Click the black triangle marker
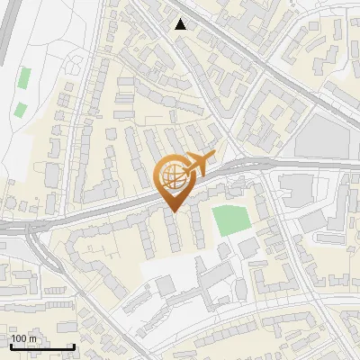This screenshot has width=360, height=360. coord(181,24)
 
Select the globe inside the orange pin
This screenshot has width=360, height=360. coord(171,177)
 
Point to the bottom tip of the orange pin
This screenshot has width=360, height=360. coord(172,211)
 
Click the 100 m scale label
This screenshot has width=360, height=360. coord(23,338)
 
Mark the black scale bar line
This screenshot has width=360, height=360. coord(41,346)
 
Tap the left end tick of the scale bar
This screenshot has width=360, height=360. coord(10,345)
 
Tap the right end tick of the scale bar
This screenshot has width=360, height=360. coord(73,345)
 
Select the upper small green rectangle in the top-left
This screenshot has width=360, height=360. coord(24,78)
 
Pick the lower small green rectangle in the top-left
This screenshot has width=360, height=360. coord(20,110)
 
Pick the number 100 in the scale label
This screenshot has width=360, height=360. coord(19,338)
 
